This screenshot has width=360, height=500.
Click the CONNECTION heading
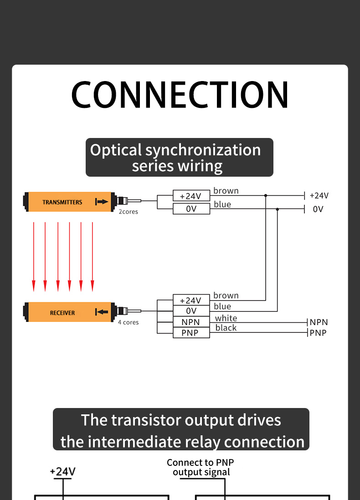180,95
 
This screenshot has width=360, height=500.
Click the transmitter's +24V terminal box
191,196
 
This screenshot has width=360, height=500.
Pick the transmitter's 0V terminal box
191,209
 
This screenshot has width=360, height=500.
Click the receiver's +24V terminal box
191,301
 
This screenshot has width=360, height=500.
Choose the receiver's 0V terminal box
191,311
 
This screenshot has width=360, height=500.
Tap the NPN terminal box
191,322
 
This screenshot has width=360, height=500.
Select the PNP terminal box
191,333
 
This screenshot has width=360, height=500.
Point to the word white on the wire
226,318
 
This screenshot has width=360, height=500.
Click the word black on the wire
226,328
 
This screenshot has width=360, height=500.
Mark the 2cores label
129,212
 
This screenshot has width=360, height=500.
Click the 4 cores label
129,322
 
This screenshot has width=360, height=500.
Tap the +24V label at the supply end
319,196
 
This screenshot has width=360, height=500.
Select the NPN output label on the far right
319,322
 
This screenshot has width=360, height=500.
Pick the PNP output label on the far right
318,333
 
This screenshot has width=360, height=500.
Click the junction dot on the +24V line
266,195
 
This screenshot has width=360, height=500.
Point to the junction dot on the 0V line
278,209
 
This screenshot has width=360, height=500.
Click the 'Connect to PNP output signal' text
201,467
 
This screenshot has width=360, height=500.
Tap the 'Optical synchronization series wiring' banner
180,158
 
